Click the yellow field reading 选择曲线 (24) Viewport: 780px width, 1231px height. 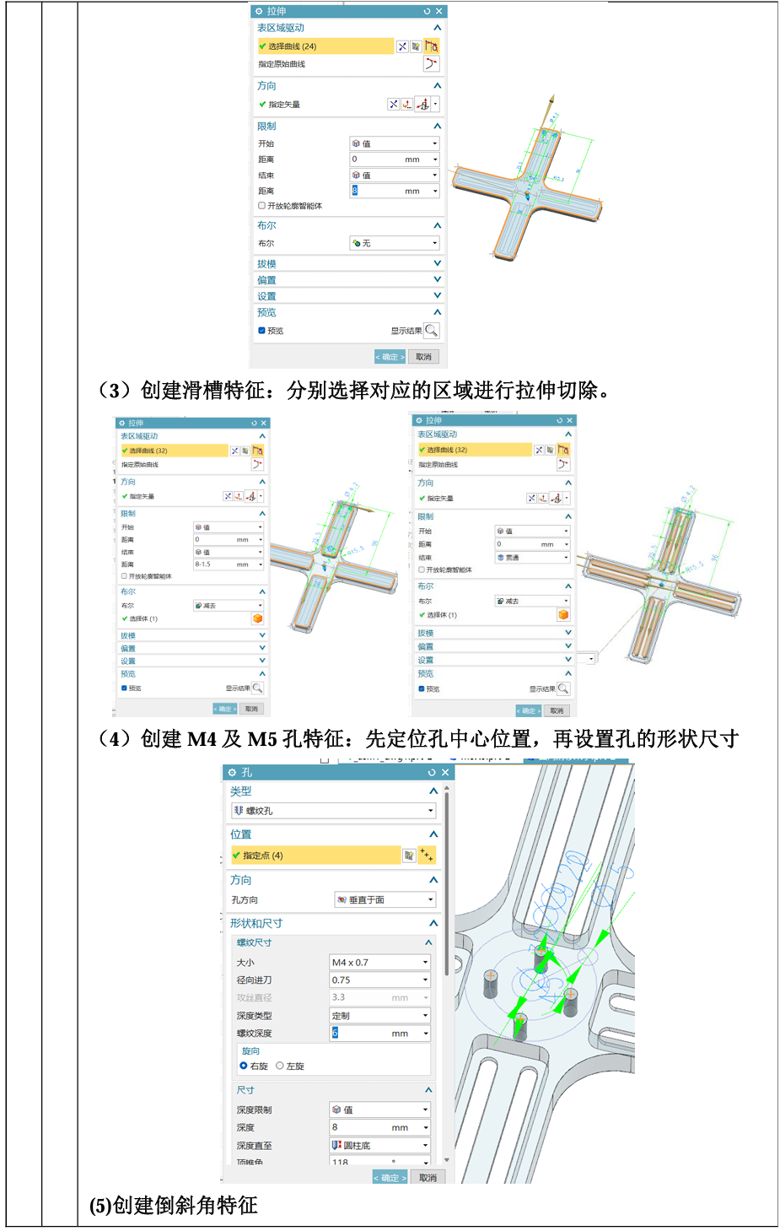(325, 46)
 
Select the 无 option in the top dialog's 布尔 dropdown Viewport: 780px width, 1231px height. (394, 243)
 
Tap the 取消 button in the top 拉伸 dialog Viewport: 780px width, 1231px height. (423, 357)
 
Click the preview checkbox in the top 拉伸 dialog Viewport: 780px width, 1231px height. (262, 331)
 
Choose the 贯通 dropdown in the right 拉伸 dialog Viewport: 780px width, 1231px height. (532, 558)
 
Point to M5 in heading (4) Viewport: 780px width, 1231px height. (261, 739)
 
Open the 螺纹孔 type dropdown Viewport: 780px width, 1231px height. (333, 811)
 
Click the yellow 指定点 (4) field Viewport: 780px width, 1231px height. (315, 856)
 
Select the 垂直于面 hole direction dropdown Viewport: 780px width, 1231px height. (385, 900)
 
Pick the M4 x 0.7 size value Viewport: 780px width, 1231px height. (379, 963)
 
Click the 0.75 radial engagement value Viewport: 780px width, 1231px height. (379, 980)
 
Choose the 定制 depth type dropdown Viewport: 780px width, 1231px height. (379, 1016)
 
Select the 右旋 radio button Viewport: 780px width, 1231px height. (244, 1066)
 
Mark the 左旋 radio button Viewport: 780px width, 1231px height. (280, 1066)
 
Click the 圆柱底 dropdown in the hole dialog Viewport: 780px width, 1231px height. (379, 1145)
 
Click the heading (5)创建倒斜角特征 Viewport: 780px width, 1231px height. (174, 1205)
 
